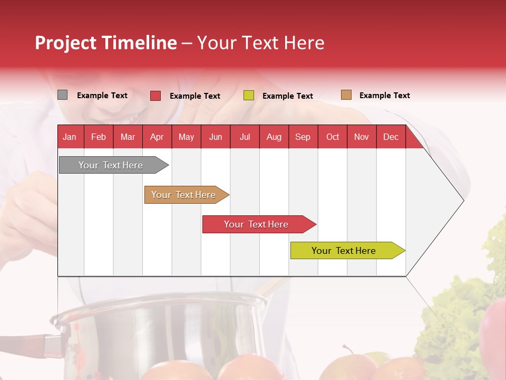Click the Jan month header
(x=70, y=137)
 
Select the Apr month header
(x=157, y=137)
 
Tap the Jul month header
(x=245, y=137)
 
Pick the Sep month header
(x=303, y=137)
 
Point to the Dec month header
(x=391, y=137)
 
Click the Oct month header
(x=333, y=137)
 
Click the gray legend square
(x=63, y=95)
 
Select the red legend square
(x=155, y=96)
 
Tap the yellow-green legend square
(x=249, y=96)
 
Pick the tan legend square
(x=346, y=95)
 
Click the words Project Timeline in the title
(x=106, y=43)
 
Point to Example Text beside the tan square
(x=384, y=96)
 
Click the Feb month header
(x=99, y=137)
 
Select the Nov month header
(x=362, y=137)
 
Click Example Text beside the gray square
(x=102, y=96)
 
